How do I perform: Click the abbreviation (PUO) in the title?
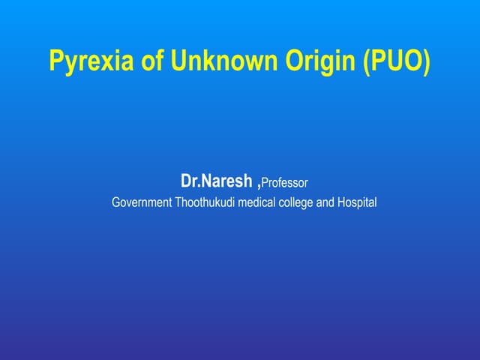[396, 61]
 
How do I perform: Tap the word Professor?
[285, 182]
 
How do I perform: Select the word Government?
[142, 202]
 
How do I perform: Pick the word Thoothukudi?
[205, 202]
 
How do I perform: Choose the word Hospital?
[358, 202]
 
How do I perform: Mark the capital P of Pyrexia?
[55, 61]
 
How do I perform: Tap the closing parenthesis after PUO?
[427, 62]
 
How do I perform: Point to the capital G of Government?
[115, 202]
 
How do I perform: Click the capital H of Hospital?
[342, 202]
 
